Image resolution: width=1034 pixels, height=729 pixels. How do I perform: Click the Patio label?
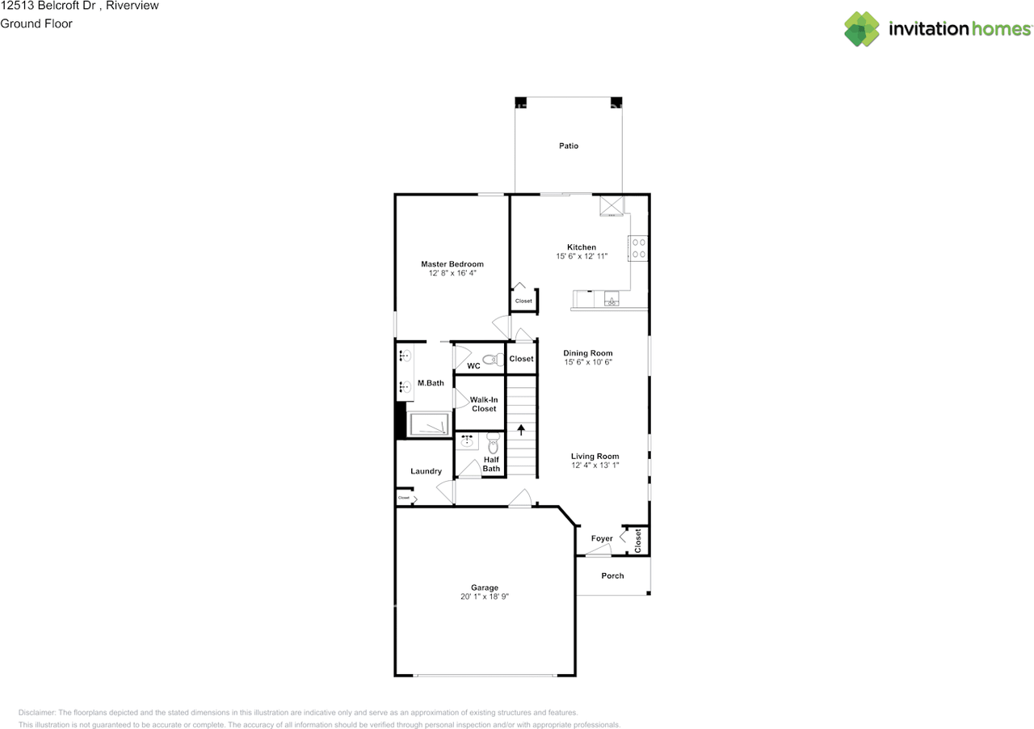click(569, 146)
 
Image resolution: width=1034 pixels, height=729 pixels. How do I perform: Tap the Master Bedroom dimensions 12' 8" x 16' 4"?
click(452, 274)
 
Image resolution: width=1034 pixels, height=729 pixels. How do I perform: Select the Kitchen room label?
click(582, 247)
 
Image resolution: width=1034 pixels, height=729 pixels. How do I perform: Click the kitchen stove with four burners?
click(638, 247)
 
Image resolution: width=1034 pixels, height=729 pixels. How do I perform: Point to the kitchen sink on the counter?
click(612, 301)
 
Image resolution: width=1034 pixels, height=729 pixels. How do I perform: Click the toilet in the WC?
click(491, 360)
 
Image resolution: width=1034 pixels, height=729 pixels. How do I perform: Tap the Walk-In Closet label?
click(484, 404)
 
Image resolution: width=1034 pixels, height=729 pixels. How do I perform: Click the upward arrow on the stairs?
click(522, 430)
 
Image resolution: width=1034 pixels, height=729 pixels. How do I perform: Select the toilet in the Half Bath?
click(493, 441)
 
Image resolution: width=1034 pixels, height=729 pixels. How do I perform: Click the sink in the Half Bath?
click(467, 441)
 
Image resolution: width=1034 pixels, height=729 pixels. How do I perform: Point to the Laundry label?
click(426, 471)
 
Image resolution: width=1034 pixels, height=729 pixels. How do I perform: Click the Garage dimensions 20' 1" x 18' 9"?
click(485, 597)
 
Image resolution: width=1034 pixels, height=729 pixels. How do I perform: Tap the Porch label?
click(612, 575)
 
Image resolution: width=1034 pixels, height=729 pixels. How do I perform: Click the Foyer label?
click(602, 538)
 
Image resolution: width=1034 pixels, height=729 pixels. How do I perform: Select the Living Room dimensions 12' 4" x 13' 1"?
click(595, 466)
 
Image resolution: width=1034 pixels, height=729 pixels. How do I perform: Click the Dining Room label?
click(587, 353)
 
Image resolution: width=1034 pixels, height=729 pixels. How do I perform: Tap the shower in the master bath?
click(429, 424)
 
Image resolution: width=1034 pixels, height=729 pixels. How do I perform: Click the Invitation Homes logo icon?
click(862, 29)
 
